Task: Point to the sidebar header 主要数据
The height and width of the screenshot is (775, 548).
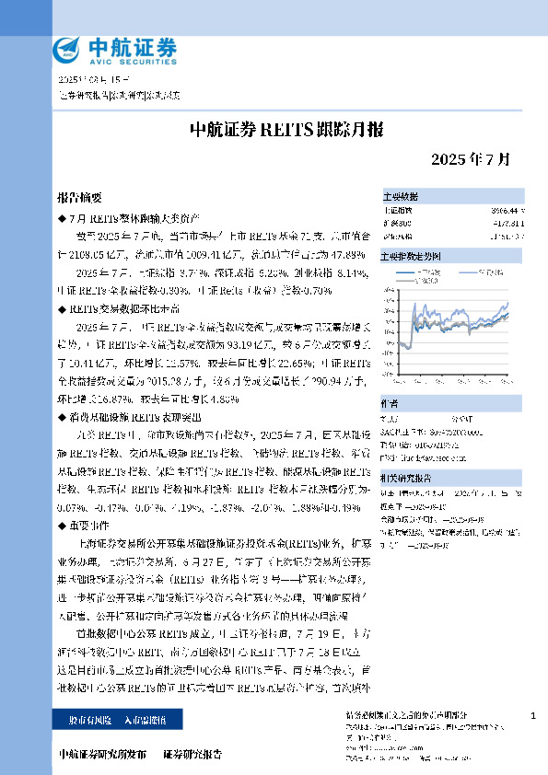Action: (x=401, y=197)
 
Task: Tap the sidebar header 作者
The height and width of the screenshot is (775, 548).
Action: (x=391, y=403)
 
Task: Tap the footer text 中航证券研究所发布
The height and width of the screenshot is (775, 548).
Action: (x=101, y=754)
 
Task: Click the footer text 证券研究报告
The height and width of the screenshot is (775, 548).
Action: (x=192, y=754)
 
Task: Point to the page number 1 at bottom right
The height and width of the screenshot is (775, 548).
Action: (x=534, y=714)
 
